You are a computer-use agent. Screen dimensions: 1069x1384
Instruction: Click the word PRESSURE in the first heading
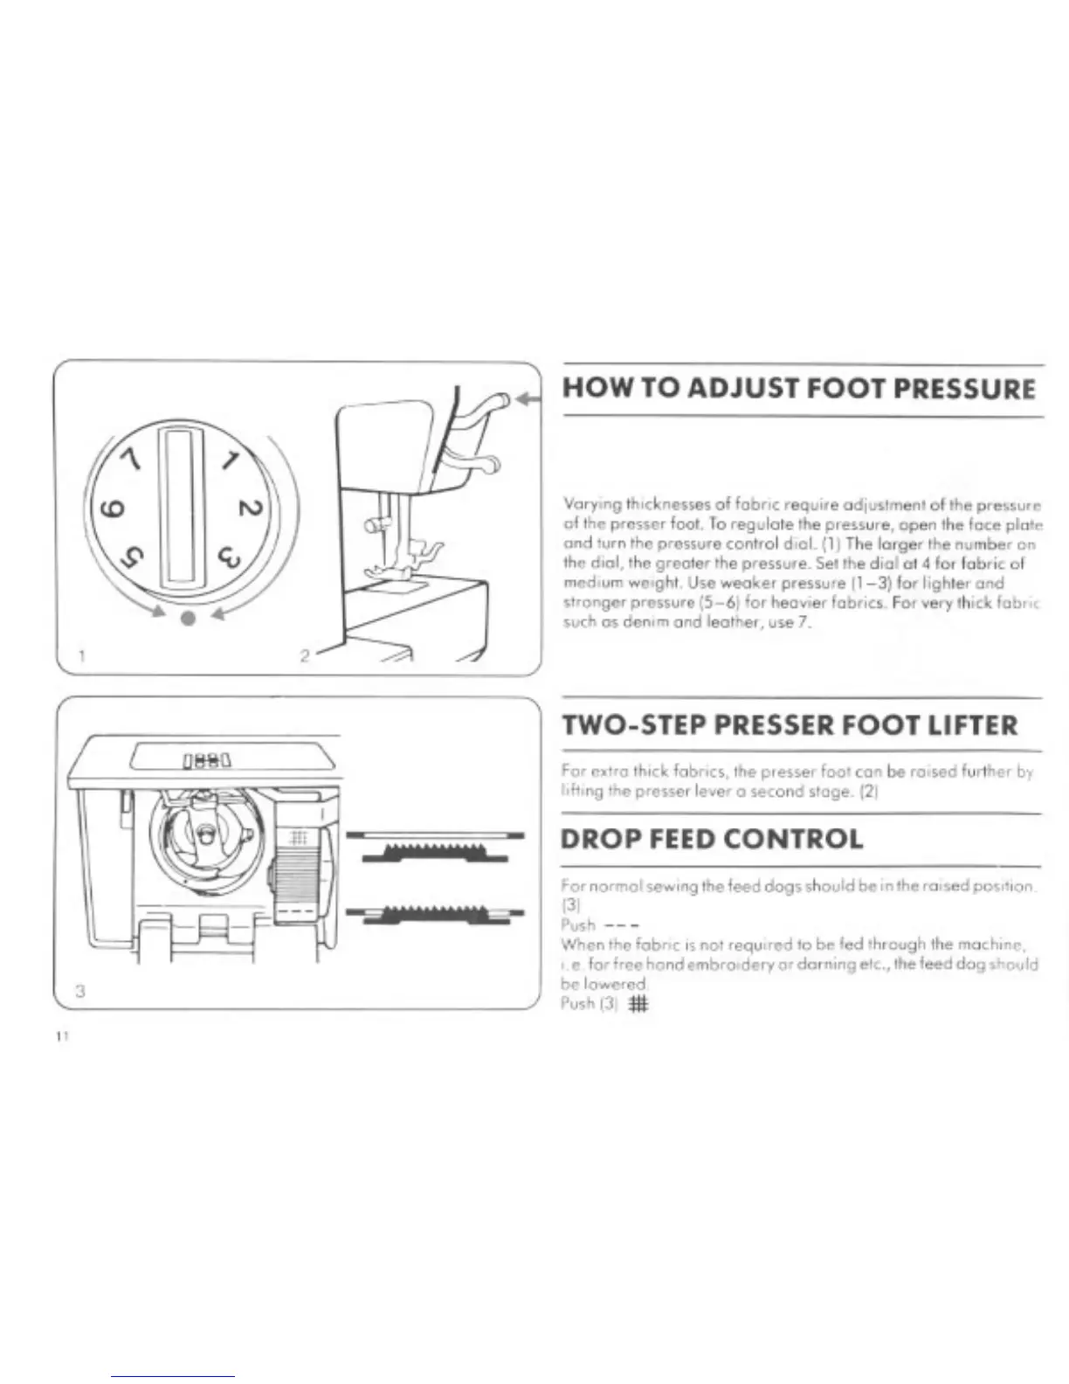click(x=957, y=388)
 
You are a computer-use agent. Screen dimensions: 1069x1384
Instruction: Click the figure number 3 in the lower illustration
click(x=79, y=991)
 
